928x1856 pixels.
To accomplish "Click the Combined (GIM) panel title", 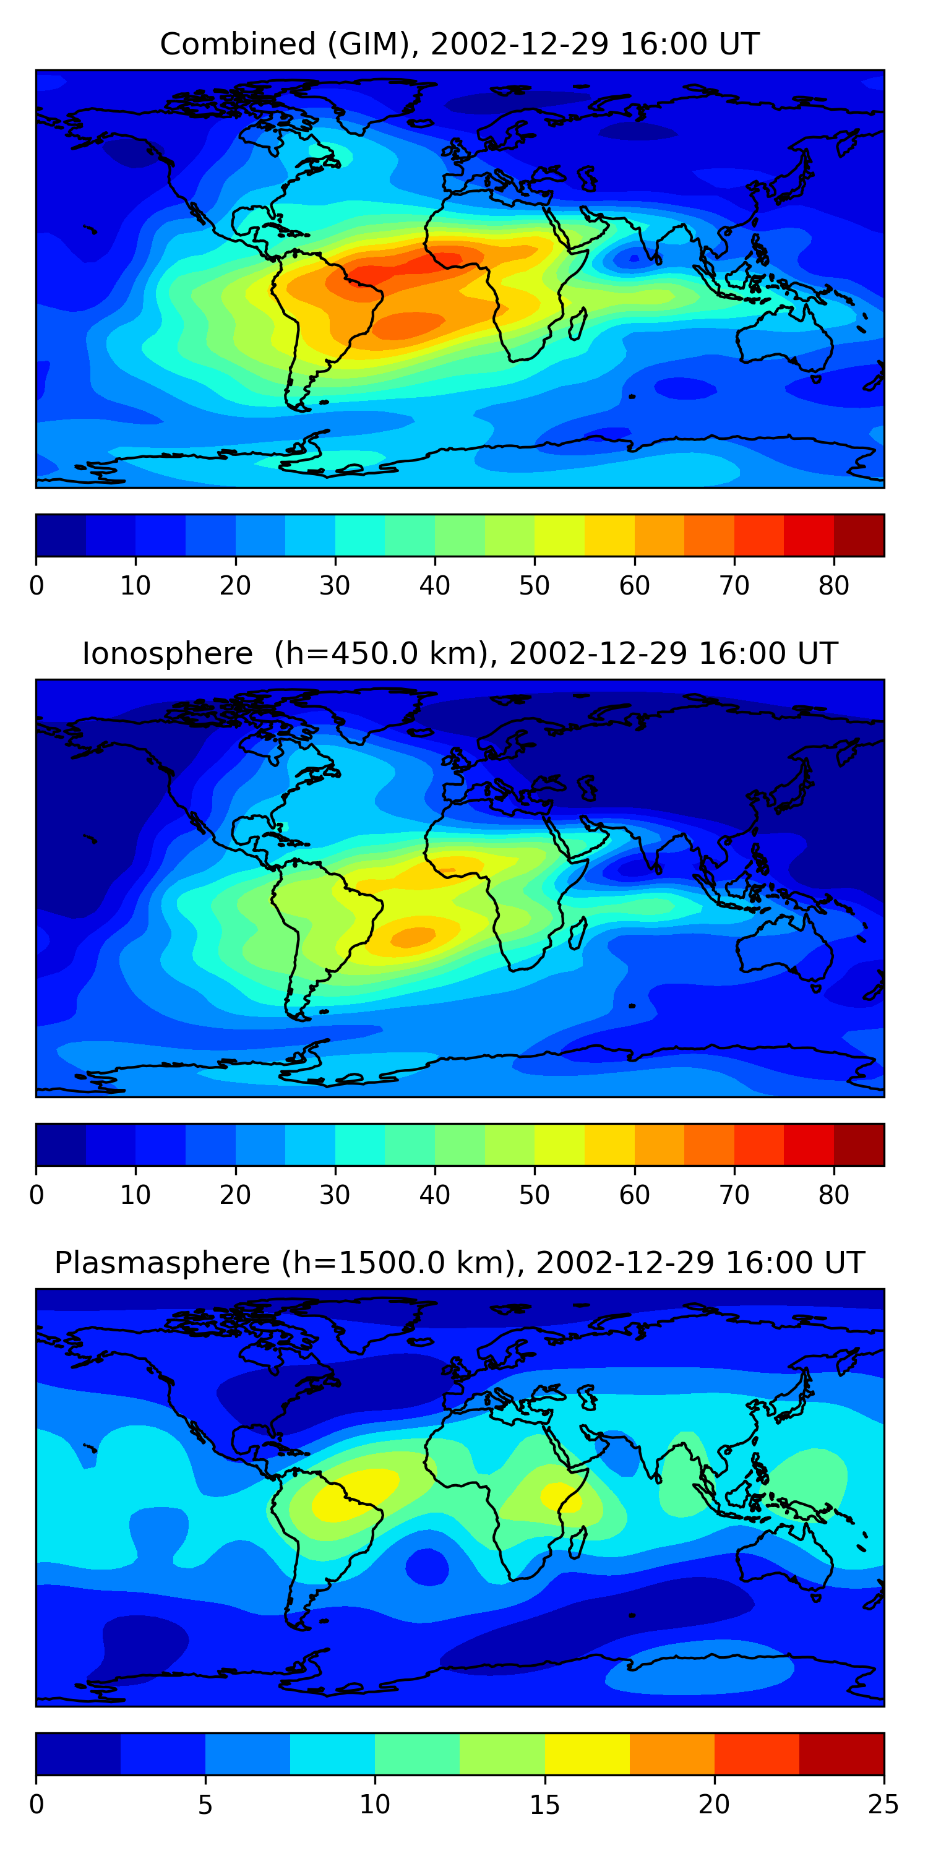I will [x=460, y=44].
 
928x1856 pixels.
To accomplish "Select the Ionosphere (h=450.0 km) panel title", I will [x=460, y=653].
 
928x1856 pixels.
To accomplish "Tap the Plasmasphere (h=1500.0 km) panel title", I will [x=460, y=1263].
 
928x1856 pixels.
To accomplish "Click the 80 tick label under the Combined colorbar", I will [x=833, y=586].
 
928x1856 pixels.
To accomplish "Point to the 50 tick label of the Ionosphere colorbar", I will [x=535, y=1195].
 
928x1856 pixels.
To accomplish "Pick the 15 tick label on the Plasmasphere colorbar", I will [x=544, y=1805].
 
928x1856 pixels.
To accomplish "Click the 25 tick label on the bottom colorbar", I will [x=883, y=1805].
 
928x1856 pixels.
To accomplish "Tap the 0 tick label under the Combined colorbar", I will [x=37, y=586].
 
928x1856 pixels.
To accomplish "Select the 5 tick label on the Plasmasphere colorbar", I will [x=205, y=1805].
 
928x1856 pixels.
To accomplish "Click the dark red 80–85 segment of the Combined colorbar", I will [x=859, y=535].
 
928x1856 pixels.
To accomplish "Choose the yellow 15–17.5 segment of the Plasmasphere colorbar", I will [x=587, y=1755].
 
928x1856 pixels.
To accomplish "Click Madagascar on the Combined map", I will [x=578, y=324].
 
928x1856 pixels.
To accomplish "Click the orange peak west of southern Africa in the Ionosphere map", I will [x=413, y=937].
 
